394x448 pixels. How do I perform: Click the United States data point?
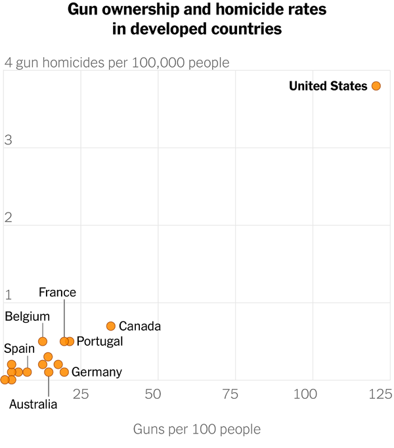coord(376,86)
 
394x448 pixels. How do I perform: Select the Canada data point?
coord(111,326)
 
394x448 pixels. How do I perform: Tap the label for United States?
coord(328,86)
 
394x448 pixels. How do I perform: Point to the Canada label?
coord(140,326)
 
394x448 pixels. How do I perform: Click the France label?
coord(57,293)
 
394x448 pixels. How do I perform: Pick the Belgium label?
coord(28,317)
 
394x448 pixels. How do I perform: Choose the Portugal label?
coord(100,341)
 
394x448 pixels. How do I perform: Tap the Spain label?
coord(19,348)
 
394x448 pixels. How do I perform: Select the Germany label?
coord(97,373)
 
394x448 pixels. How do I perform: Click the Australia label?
coord(33,404)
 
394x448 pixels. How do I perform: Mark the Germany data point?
coord(64,372)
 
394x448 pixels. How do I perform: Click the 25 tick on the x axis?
coord(80,394)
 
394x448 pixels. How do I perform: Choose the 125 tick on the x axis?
coord(378,394)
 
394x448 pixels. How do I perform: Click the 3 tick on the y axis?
coord(9,140)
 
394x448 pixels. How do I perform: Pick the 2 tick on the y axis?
coord(9,218)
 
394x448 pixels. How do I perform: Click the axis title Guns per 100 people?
coord(197,430)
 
